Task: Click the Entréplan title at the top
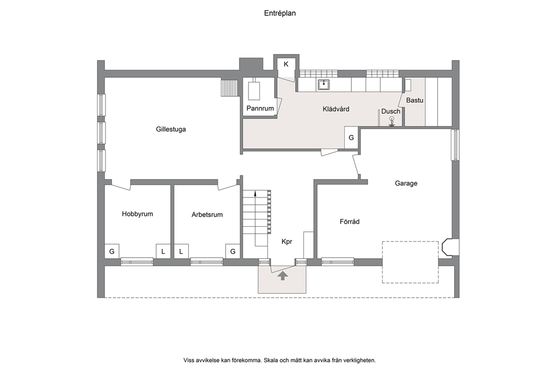tap(280, 13)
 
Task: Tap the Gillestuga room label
tap(171, 129)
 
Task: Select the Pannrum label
tap(260, 108)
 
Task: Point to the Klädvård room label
tap(336, 109)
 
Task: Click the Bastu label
tap(415, 100)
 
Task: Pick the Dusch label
tap(391, 111)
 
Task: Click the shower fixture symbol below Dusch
tap(392, 121)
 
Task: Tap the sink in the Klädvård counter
tap(323, 85)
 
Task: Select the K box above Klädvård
tap(286, 65)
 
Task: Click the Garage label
tap(406, 183)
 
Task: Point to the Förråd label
tap(349, 222)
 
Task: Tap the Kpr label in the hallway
tap(287, 241)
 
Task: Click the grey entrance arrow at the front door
tap(283, 275)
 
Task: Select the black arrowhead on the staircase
tap(255, 194)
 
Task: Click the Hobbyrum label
tap(137, 214)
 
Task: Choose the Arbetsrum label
tap(207, 215)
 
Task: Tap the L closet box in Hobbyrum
tap(163, 252)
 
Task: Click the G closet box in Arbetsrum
tap(233, 252)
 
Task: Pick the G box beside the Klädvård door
tap(351, 138)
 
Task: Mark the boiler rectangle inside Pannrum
tap(255, 91)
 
